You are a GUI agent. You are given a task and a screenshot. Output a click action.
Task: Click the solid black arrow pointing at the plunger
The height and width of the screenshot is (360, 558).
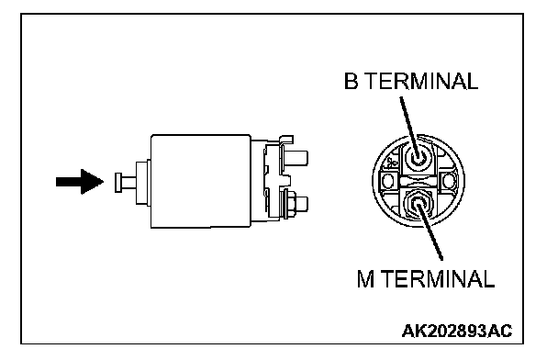coord(80,182)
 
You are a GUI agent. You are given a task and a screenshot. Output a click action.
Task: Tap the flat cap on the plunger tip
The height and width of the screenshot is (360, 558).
coord(118,183)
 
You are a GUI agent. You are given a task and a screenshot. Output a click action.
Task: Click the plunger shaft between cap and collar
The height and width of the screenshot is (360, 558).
coord(128,183)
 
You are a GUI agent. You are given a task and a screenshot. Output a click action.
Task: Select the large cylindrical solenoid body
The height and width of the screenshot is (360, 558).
coord(201,181)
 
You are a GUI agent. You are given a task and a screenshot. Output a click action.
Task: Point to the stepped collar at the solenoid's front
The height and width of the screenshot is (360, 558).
coord(143,183)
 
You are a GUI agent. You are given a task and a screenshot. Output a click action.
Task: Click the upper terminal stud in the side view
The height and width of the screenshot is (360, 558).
coord(297,158)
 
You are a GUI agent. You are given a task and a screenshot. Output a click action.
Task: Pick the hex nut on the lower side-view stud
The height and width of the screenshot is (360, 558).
coord(290,205)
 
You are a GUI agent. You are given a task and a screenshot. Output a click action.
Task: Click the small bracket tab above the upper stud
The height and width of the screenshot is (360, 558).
coord(286,140)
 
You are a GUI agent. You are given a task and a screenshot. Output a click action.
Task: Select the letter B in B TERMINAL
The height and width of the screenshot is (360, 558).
coord(351,81)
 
